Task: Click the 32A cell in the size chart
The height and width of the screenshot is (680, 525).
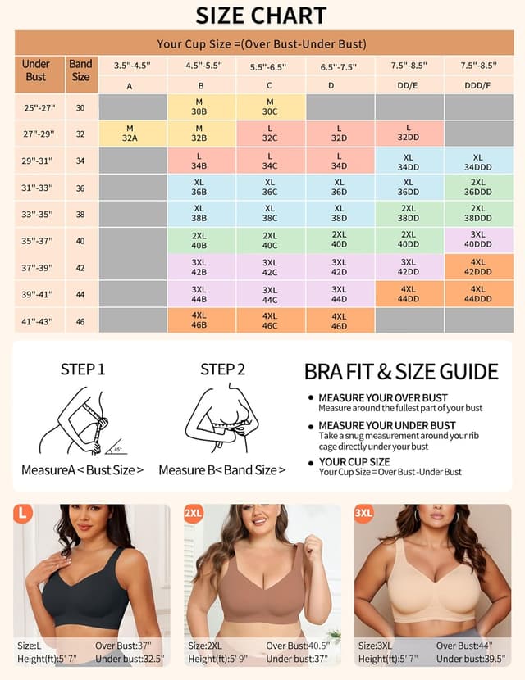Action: pos(130,133)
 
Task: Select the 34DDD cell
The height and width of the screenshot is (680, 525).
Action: pos(478,161)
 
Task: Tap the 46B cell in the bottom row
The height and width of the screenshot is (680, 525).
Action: pos(199,320)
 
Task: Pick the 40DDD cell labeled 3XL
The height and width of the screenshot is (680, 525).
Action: pos(478,240)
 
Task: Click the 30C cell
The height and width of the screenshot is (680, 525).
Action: pos(270,107)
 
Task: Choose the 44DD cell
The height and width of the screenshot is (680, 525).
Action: pos(409,294)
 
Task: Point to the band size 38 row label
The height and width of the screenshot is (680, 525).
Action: pos(80,214)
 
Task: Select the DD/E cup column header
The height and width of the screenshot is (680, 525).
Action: pos(409,85)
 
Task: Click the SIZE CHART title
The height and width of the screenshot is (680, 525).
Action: pos(262,16)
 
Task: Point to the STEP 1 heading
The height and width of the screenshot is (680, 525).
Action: pos(83,369)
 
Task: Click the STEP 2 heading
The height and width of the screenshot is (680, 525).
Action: pos(222,369)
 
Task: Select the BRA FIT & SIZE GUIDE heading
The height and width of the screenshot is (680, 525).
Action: pos(401,371)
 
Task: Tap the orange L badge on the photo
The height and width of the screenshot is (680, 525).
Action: pos(23,514)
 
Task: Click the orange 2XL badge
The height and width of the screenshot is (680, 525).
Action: pos(194,514)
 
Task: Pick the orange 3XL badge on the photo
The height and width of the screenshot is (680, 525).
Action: pos(364,514)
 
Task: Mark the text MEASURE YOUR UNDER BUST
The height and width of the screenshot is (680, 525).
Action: pos(386,426)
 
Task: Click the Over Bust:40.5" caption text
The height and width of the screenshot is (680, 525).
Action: pos(297,646)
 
